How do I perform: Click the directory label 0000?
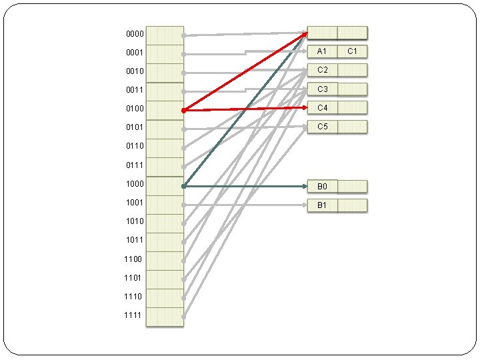click(134, 33)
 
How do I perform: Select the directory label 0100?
click(134, 108)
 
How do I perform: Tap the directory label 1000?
click(134, 183)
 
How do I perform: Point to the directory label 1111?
click(133, 315)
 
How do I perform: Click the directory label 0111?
click(134, 165)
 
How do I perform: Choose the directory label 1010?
click(133, 221)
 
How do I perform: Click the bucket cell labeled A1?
click(323, 51)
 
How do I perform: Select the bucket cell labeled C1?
click(353, 51)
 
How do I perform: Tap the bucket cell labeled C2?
click(323, 70)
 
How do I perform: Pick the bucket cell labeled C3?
click(323, 89)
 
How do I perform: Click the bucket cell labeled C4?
click(323, 107)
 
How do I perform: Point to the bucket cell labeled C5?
click(323, 126)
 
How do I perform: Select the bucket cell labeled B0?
click(323, 187)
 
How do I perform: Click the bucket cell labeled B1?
click(323, 205)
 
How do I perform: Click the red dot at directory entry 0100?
click(183, 110)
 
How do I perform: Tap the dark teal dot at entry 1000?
click(183, 186)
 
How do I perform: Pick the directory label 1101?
click(133, 278)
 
